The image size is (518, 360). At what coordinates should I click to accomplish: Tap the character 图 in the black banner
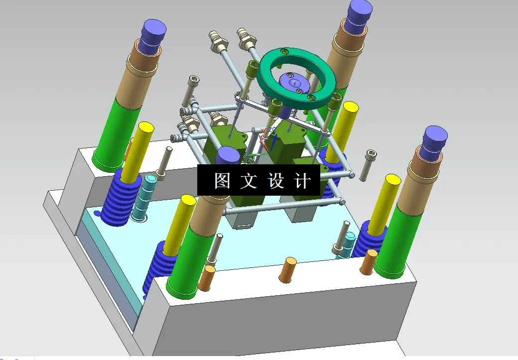click(222, 181)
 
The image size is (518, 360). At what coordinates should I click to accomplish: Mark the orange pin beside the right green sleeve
click(369, 261)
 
